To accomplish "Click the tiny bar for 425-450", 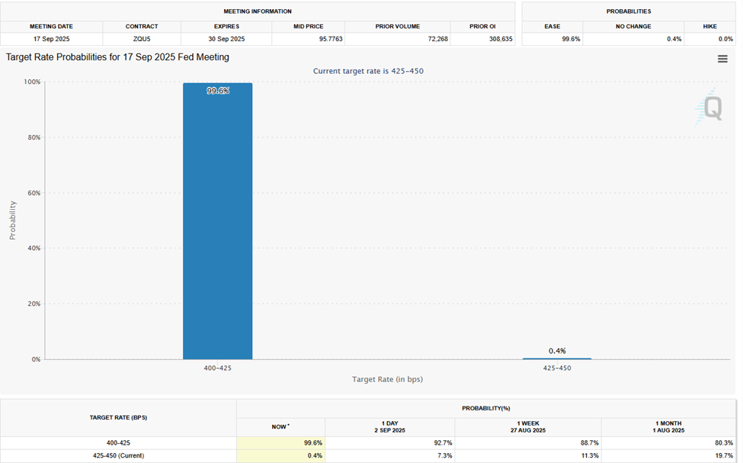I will [x=556, y=359].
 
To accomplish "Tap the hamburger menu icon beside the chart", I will [x=722, y=59].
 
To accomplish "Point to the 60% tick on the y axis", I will [x=31, y=193].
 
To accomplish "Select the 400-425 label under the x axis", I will [x=217, y=368].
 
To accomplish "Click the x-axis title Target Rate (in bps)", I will [x=387, y=379].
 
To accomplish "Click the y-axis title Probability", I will [x=12, y=220].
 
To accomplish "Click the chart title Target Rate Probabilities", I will [x=117, y=57].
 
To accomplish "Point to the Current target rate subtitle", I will [x=368, y=71].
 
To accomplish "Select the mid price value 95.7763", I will [x=310, y=38].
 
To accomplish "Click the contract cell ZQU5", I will [x=142, y=38].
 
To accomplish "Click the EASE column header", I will [x=552, y=26].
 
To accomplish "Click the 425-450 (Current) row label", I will [x=117, y=455].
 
